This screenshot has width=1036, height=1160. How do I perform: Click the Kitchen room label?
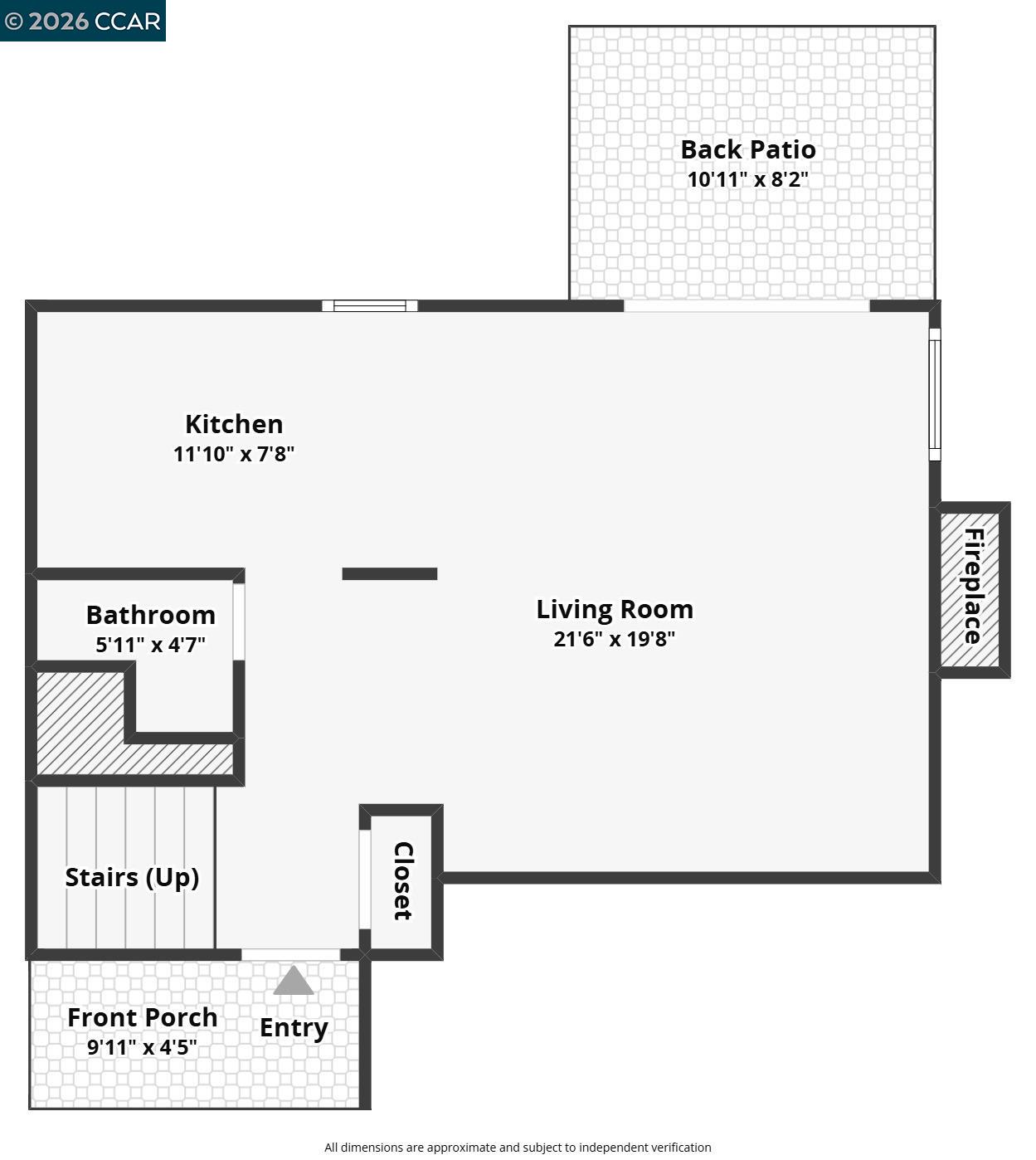(x=234, y=424)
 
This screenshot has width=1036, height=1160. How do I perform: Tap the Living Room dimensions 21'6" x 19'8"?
(x=615, y=639)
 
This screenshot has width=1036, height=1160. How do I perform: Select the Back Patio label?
(x=748, y=149)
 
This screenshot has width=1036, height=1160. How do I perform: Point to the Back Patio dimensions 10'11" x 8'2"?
(x=748, y=179)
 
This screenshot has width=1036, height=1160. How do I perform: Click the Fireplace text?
(x=973, y=586)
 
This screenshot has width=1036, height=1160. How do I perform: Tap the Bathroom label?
(x=151, y=615)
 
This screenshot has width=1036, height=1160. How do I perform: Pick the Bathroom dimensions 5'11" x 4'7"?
(x=150, y=645)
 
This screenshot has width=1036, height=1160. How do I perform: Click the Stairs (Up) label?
(x=132, y=877)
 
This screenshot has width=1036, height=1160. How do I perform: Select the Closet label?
(x=403, y=880)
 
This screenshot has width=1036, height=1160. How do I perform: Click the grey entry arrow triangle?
(x=294, y=982)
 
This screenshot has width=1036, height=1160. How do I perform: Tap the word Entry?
(x=294, y=1027)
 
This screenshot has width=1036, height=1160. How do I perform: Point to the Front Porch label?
(x=143, y=1017)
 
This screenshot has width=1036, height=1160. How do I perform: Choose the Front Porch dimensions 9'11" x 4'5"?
(x=143, y=1047)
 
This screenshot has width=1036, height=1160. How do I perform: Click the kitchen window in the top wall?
(x=370, y=305)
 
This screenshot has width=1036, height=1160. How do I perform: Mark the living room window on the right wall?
(x=935, y=394)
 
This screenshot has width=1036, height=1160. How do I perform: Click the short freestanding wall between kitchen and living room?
(x=390, y=573)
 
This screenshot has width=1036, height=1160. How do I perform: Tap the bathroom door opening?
(x=239, y=621)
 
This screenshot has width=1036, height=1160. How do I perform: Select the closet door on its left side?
(x=364, y=879)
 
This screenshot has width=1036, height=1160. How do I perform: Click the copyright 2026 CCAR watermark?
(x=83, y=21)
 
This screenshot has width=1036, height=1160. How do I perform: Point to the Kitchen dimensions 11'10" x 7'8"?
(x=234, y=454)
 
